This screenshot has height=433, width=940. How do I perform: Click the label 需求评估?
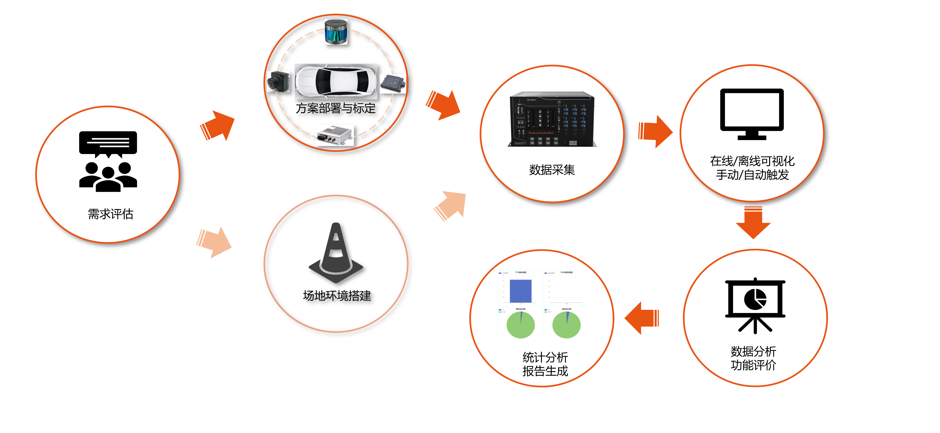(x=111, y=214)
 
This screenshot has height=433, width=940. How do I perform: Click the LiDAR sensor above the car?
(x=336, y=32)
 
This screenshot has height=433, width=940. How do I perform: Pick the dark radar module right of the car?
(x=393, y=84)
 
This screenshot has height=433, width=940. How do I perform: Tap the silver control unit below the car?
(x=334, y=135)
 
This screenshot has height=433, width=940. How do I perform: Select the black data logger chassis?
(x=551, y=119)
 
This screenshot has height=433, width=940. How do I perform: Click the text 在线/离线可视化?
(x=752, y=161)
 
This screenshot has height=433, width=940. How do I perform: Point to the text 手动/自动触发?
(x=752, y=175)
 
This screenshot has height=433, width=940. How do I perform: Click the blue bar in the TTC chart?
(x=520, y=291)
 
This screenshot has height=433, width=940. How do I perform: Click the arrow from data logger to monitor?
(x=655, y=131)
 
